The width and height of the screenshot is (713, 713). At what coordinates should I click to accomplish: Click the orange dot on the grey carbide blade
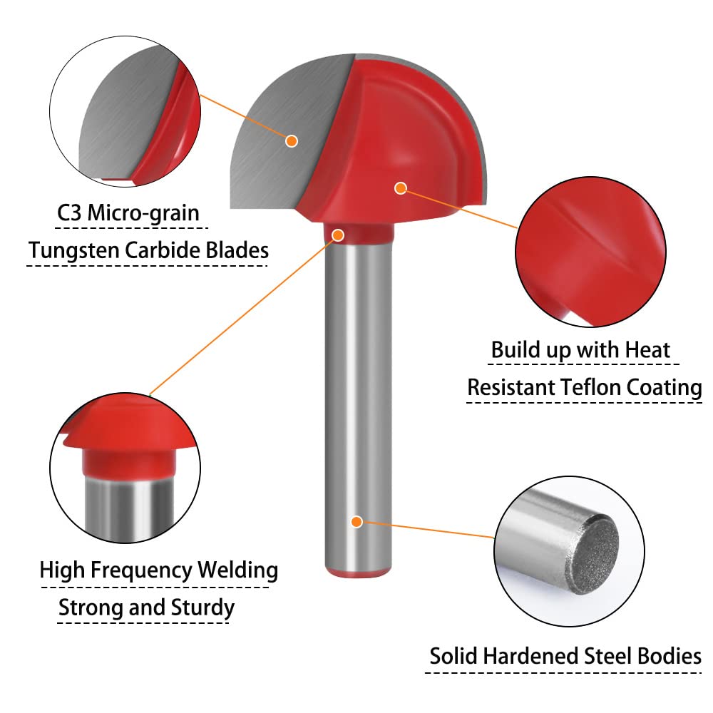click(292, 141)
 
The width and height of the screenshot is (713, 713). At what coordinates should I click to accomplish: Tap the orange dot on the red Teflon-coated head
click(401, 188)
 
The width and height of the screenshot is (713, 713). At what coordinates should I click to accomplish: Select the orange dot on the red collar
click(338, 235)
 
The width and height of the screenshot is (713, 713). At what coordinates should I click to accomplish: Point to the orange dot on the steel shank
click(357, 522)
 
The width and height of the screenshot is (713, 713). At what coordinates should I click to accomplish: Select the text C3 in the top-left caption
click(69, 212)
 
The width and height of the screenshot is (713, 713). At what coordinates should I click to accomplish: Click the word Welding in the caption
click(238, 570)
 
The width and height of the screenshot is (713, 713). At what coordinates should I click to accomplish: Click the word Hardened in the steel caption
click(530, 656)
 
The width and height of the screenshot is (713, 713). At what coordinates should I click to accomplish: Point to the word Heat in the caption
click(647, 350)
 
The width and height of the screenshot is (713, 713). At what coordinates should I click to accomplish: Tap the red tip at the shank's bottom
click(359, 572)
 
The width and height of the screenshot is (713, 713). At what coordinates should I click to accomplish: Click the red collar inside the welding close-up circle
click(129, 462)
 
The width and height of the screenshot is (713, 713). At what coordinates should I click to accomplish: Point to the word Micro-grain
click(143, 213)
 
